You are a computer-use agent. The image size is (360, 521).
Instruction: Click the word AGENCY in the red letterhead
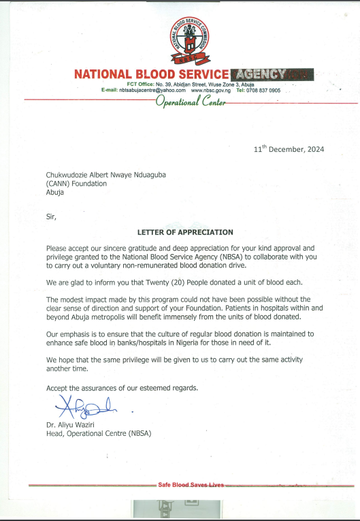pyautogui.click(x=272, y=74)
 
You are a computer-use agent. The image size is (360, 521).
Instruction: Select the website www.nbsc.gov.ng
pyautogui.click(x=211, y=90)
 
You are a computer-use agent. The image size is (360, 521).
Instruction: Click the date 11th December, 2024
pyautogui.click(x=288, y=148)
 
